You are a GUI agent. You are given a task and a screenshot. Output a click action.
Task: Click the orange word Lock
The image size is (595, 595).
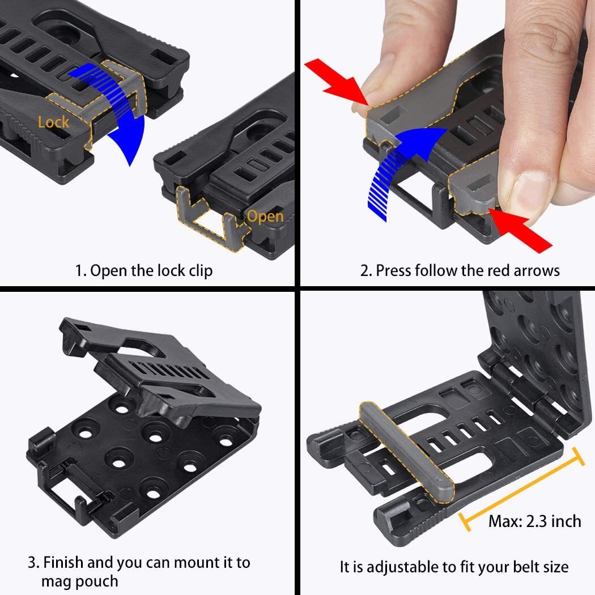pyautogui.click(x=54, y=122)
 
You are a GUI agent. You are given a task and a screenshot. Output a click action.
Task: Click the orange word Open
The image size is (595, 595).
pyautogui.click(x=265, y=217)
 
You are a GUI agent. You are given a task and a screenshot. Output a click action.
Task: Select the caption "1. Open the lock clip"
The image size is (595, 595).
pyautogui.click(x=144, y=270)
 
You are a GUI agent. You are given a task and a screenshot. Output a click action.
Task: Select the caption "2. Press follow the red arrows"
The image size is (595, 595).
pyautogui.click(x=460, y=270)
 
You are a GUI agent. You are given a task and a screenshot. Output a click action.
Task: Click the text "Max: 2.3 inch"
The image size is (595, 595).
pyautogui.click(x=534, y=521)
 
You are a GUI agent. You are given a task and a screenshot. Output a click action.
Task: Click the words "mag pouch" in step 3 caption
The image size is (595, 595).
pyautogui.click(x=79, y=581)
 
